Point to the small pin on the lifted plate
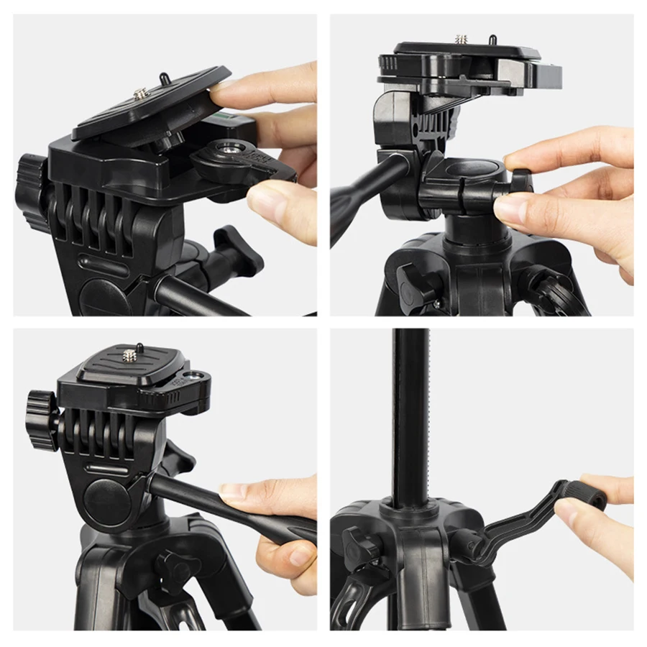pyautogui.click(x=165, y=75)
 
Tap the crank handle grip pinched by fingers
pyautogui.click(x=584, y=496)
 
